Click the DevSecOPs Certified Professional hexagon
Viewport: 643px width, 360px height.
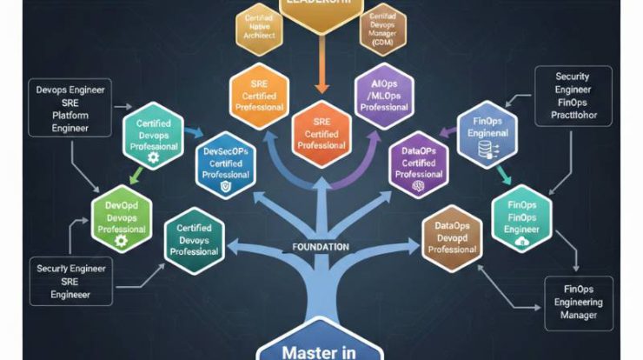[225, 163]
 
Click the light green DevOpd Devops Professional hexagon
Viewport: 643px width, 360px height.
[122, 217]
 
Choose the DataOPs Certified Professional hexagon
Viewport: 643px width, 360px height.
[419, 163]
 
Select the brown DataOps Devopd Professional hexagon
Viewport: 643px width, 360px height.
[451, 237]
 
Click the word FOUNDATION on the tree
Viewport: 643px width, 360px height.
[321, 247]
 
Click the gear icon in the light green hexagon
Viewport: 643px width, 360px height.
[122, 240]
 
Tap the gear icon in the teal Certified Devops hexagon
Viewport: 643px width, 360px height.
[154, 158]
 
